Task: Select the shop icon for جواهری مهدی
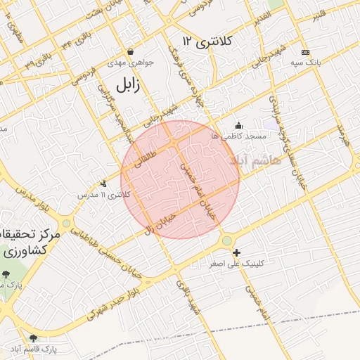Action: (130, 52)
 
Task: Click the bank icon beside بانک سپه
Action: (304, 52)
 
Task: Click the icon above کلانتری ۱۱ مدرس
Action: (104, 184)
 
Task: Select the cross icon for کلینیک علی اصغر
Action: (236, 252)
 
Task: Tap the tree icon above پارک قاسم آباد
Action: (33, 338)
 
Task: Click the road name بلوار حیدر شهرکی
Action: (116, 302)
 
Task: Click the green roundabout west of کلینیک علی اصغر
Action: (226, 241)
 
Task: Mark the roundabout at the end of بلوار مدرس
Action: (66, 224)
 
